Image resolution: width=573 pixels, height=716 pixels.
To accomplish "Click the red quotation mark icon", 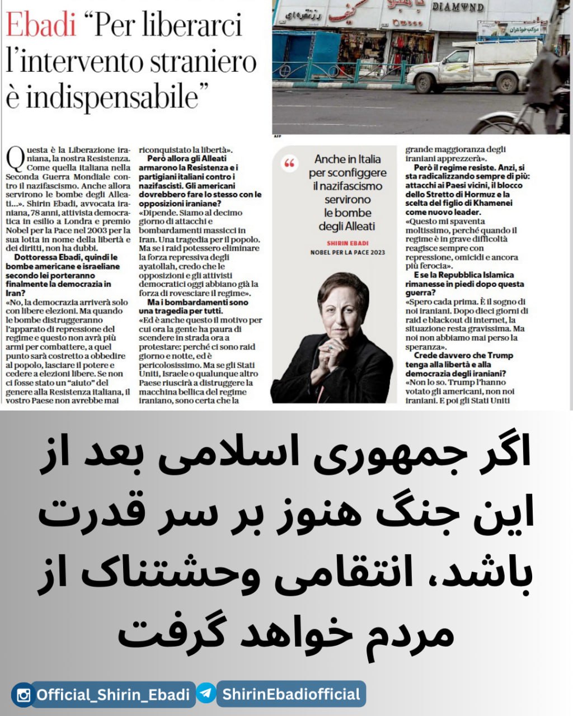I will [289, 163].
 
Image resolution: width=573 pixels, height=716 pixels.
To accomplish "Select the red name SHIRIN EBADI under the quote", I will [347, 243].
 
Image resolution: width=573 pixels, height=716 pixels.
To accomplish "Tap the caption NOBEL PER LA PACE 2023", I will [347, 252].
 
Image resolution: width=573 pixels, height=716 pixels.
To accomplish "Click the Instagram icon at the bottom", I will [24, 695].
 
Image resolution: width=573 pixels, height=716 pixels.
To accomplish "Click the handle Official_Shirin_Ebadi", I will [113, 695].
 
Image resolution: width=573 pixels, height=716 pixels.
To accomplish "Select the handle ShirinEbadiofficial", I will [291, 694].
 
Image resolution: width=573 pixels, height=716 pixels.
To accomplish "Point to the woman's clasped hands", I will [334, 350].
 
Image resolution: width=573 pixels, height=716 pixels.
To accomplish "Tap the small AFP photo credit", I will [277, 136].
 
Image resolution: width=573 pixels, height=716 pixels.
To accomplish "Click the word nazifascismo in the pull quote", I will [347, 186].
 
